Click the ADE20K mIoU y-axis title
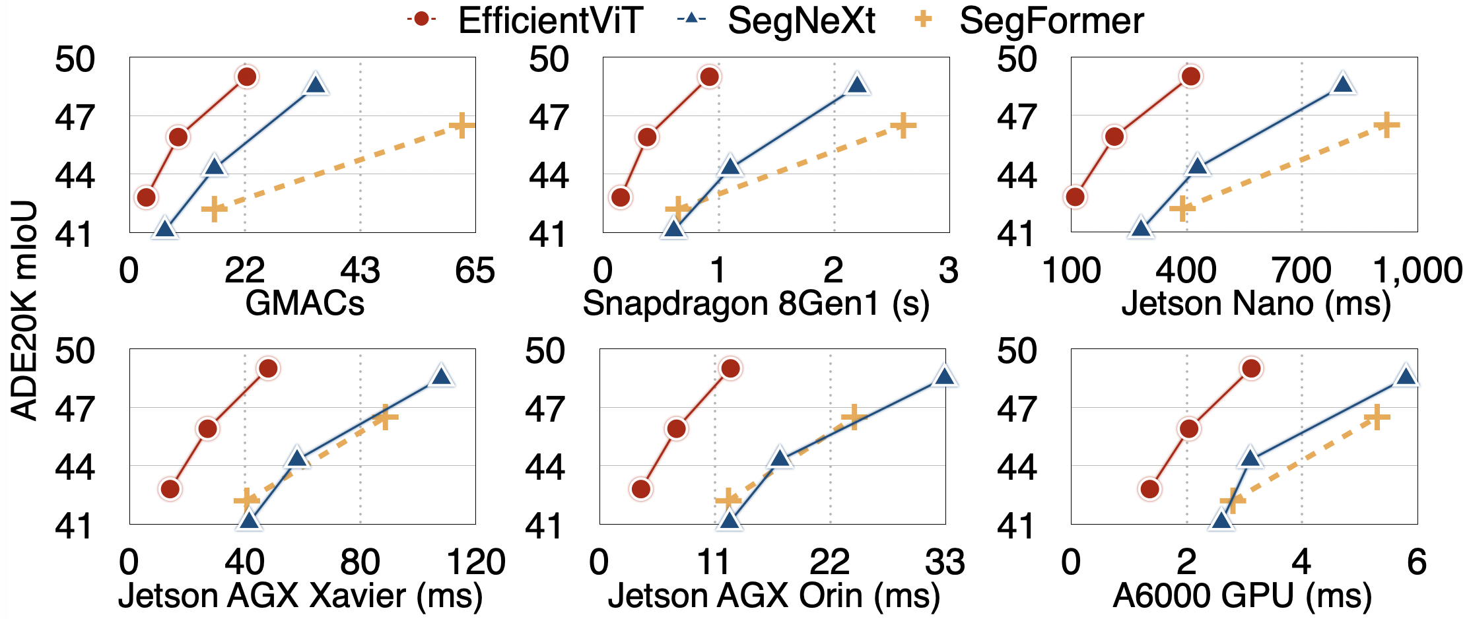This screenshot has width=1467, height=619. [x=25, y=310]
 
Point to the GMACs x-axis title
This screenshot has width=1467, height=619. [x=304, y=304]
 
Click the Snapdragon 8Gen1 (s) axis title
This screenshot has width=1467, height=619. [x=756, y=304]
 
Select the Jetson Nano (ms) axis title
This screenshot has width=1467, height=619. [x=1256, y=304]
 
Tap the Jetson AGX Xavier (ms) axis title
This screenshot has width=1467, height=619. [x=300, y=595]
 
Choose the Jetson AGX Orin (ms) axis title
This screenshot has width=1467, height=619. [x=774, y=595]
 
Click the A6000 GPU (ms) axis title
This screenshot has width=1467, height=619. [x=1243, y=595]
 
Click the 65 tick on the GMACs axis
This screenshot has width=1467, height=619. [x=475, y=271]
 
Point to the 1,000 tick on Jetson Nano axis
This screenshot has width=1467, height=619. [x=1417, y=271]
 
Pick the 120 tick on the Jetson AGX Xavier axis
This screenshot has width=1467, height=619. [x=476, y=562]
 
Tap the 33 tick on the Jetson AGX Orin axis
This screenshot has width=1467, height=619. [x=945, y=562]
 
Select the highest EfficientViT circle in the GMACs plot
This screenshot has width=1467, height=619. [x=246, y=77]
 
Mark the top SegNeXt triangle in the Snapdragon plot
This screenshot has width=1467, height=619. [x=857, y=84]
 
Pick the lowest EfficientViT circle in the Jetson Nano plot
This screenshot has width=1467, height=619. [x=1075, y=197]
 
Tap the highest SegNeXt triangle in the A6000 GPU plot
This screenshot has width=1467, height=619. [x=1406, y=376]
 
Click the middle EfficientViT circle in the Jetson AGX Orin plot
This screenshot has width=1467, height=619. [x=677, y=429]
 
